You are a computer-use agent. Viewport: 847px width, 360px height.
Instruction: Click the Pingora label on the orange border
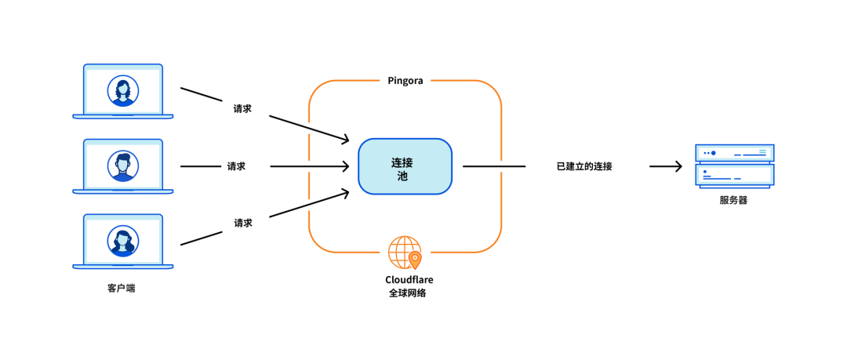405,81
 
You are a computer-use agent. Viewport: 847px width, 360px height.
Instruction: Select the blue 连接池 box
405,166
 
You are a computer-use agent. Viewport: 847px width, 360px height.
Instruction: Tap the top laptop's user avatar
123,91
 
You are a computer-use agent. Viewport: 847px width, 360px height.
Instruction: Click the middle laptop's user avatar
123,166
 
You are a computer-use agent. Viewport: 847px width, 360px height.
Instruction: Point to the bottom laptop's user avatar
123,241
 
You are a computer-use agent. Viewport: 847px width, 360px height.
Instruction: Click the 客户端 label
122,288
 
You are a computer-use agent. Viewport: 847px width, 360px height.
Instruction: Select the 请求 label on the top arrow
242,109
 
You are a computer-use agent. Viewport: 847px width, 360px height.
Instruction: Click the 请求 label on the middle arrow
236,166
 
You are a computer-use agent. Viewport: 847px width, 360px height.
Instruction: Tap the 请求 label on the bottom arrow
243,223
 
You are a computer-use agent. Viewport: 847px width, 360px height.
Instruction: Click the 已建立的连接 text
583,166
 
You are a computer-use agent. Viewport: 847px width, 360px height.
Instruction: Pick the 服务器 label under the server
733,200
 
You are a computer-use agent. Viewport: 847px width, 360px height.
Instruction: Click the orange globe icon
405,253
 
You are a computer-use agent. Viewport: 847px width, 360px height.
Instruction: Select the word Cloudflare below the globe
409,279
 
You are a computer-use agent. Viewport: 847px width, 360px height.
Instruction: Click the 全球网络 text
408,293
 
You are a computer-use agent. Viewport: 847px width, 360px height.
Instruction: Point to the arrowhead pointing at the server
678,166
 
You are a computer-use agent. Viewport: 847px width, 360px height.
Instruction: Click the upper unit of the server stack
734,153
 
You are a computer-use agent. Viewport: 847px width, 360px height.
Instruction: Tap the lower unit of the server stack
734,175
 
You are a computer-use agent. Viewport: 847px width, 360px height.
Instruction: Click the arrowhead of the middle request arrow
344,166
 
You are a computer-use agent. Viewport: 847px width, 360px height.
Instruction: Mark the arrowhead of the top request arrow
344,140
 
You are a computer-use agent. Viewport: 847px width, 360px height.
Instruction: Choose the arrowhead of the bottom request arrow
344,192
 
